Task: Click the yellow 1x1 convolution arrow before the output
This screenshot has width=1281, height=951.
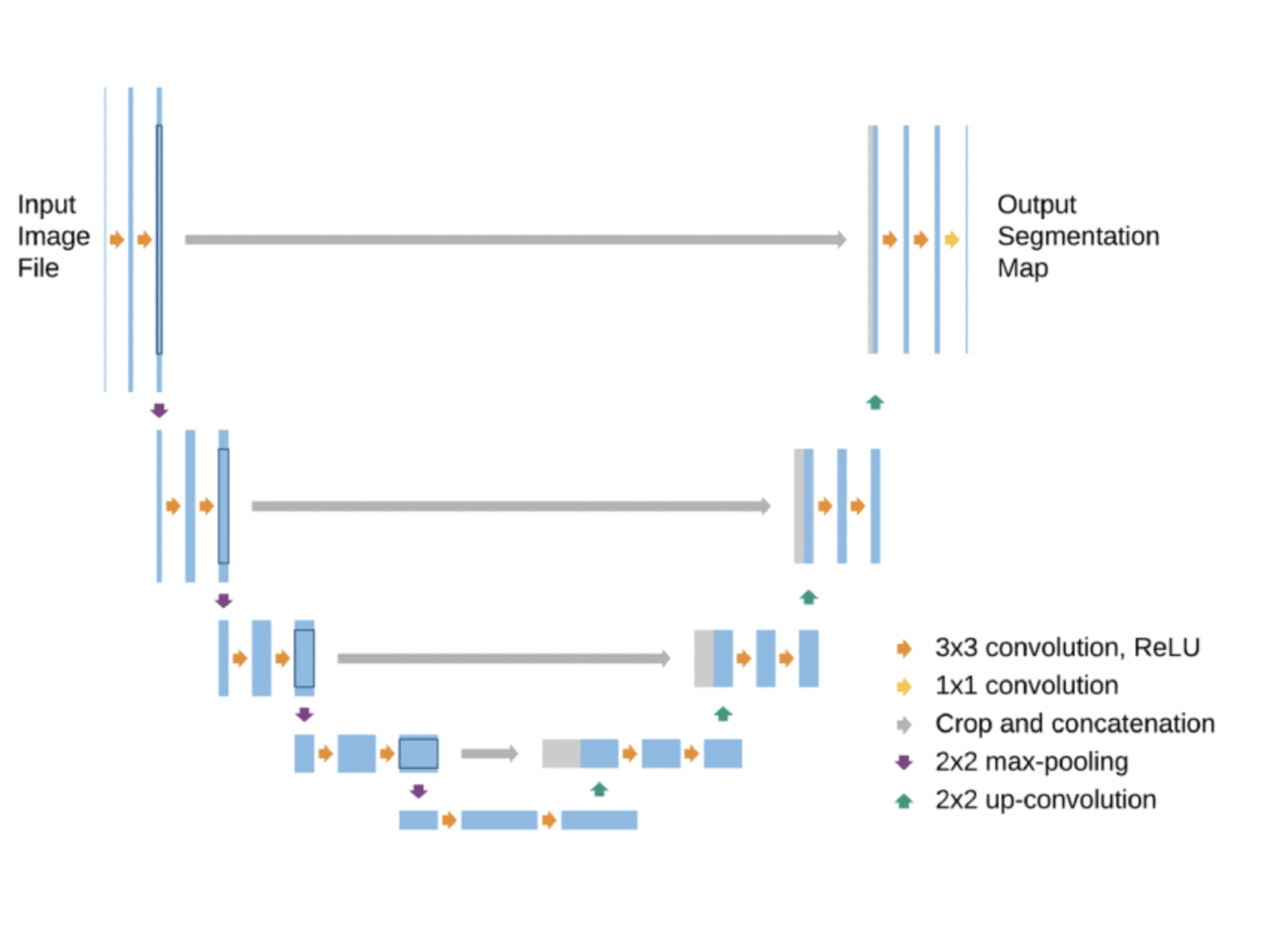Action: click(952, 239)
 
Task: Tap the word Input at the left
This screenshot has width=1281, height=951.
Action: click(46, 204)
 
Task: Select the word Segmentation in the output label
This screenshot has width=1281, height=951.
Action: click(1078, 236)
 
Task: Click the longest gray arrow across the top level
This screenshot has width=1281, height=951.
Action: click(516, 239)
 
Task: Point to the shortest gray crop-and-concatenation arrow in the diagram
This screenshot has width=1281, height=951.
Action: click(490, 753)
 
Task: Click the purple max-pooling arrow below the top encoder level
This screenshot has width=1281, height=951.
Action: click(159, 411)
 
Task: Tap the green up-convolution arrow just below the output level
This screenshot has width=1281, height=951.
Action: click(875, 402)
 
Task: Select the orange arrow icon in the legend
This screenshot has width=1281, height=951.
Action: click(904, 648)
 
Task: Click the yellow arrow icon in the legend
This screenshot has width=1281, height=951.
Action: click(904, 686)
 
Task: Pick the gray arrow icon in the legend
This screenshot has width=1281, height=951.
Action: click(904, 724)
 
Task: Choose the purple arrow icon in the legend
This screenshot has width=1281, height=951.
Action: click(904, 762)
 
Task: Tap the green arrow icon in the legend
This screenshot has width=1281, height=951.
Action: click(904, 801)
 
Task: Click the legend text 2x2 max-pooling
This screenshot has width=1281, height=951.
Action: click(1031, 762)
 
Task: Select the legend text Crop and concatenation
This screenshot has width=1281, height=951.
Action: click(1075, 724)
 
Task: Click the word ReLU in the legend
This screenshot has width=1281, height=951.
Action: click(1166, 647)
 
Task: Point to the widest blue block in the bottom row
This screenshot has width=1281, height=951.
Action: click(499, 820)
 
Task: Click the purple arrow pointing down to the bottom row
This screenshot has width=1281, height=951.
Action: click(418, 791)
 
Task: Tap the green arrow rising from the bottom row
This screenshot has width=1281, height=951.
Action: click(599, 789)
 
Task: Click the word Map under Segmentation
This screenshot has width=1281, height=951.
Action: click(1022, 268)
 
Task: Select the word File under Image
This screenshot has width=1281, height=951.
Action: click(38, 268)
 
